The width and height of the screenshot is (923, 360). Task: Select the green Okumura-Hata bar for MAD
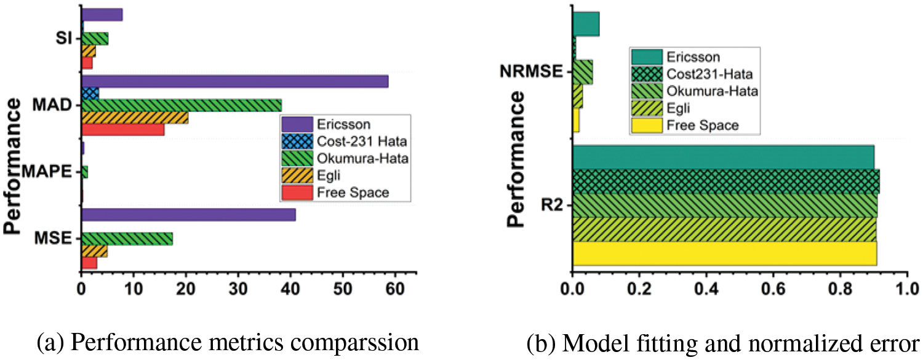coord(182,105)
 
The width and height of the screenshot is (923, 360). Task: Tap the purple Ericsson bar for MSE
coord(188,215)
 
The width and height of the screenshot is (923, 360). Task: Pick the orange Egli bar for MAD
coord(135,117)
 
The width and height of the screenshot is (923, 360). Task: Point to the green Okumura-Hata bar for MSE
coord(127,239)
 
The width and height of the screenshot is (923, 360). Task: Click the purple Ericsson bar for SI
coord(102,15)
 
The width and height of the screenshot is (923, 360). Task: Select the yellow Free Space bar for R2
coord(724,253)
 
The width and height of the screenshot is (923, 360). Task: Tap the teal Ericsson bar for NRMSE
coord(586,24)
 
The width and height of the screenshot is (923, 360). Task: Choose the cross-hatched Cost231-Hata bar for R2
coord(725,181)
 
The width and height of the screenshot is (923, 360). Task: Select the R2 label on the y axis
coord(552,204)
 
